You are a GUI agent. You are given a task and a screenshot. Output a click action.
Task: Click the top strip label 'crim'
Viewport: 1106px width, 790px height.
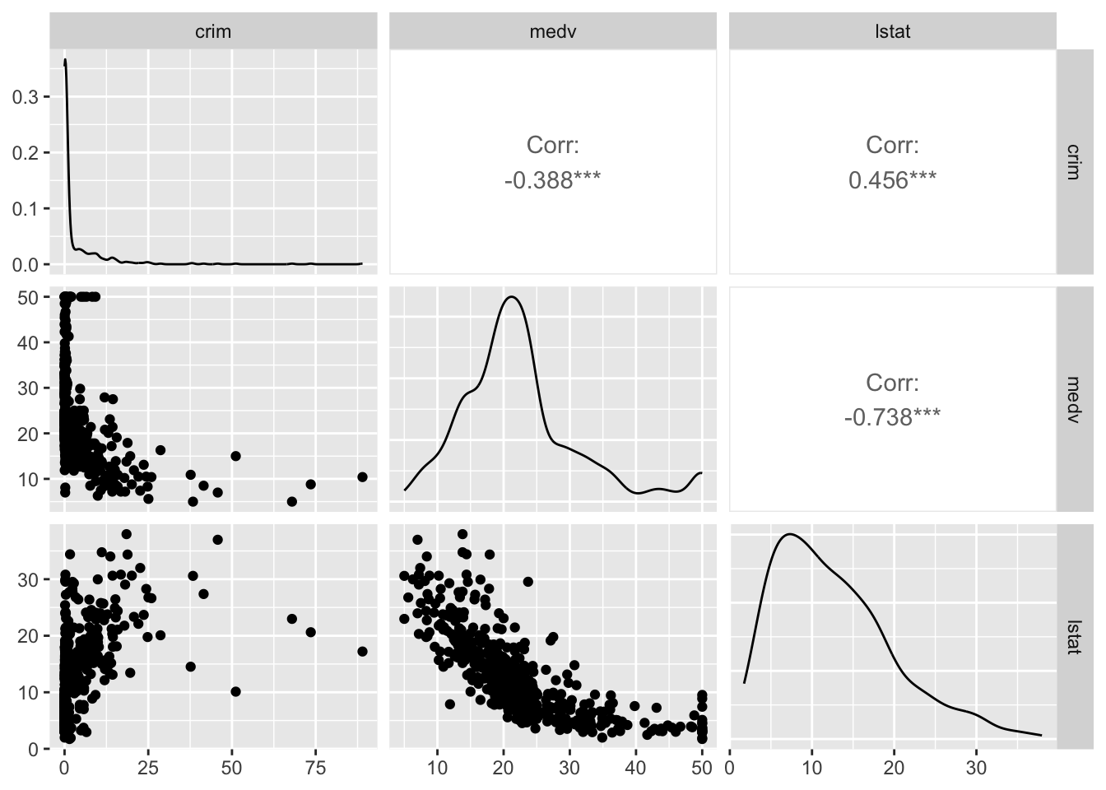point(213,32)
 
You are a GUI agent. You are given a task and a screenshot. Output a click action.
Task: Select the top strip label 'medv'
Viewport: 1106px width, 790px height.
point(552,32)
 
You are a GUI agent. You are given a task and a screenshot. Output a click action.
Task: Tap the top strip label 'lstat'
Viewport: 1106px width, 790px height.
point(892,32)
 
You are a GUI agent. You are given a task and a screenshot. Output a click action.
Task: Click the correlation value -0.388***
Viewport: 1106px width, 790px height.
point(552,179)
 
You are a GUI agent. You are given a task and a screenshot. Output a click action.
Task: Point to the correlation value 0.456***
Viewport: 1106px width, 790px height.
point(892,179)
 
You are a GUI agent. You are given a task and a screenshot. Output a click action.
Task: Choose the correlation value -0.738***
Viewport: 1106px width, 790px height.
point(892,417)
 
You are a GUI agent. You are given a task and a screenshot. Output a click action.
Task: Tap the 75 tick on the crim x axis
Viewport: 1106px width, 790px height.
point(315,769)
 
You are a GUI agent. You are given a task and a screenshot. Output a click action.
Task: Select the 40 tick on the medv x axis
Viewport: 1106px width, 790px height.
point(635,769)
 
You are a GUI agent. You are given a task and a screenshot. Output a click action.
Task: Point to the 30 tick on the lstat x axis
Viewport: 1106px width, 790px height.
point(976,769)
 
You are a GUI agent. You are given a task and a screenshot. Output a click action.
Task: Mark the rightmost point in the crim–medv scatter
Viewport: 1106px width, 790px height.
point(362,476)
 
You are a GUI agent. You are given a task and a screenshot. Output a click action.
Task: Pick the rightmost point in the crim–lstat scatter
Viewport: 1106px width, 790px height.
point(362,651)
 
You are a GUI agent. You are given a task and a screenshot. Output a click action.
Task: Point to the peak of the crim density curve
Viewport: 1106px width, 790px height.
point(65,60)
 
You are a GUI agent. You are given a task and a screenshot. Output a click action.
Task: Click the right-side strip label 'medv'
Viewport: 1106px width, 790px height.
point(1073,398)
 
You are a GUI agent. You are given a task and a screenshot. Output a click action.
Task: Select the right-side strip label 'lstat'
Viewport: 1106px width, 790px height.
point(1073,636)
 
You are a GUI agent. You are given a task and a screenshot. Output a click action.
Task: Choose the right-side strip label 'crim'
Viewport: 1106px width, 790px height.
point(1073,161)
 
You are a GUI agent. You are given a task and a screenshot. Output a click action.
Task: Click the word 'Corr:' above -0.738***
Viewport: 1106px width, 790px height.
point(892,383)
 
